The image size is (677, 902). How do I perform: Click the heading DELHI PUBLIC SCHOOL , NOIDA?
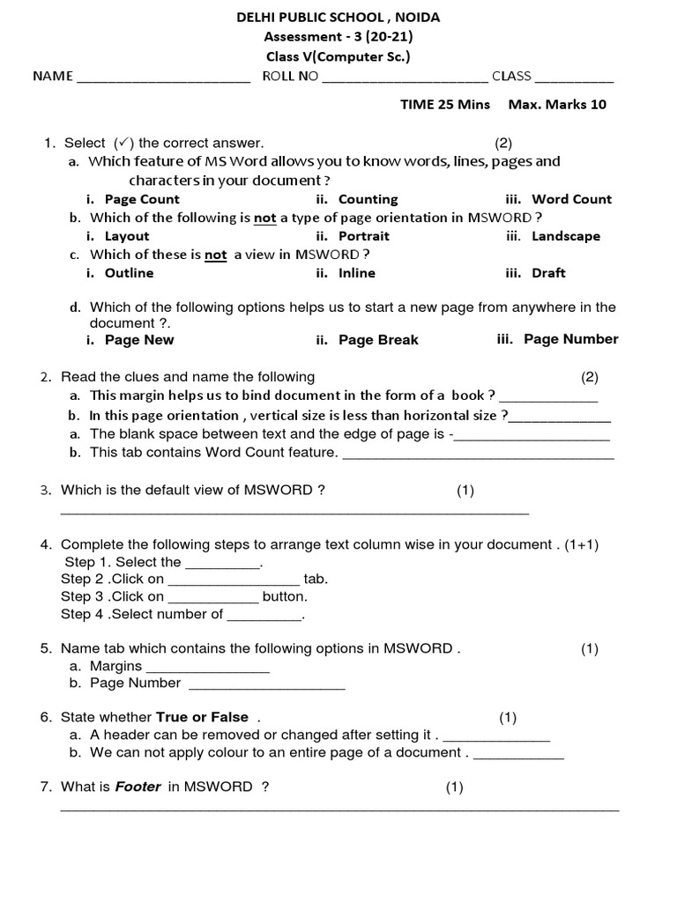(x=338, y=17)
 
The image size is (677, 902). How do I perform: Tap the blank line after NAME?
(x=164, y=77)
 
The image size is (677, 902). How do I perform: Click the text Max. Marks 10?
(x=557, y=104)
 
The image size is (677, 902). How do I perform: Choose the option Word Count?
(x=571, y=199)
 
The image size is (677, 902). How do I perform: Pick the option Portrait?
(x=363, y=236)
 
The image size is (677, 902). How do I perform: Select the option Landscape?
(x=565, y=236)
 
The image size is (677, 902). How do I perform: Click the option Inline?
(x=356, y=273)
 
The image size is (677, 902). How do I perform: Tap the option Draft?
(x=548, y=273)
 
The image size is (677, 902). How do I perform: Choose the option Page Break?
(x=378, y=340)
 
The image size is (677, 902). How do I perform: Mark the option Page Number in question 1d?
(x=570, y=339)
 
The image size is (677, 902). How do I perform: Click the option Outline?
(x=129, y=273)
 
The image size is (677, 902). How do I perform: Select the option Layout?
(x=127, y=236)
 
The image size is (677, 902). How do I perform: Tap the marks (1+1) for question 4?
(x=582, y=544)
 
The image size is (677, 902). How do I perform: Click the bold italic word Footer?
(x=138, y=787)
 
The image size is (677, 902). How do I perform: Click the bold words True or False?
(x=202, y=717)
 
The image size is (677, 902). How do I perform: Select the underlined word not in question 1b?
(x=264, y=218)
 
